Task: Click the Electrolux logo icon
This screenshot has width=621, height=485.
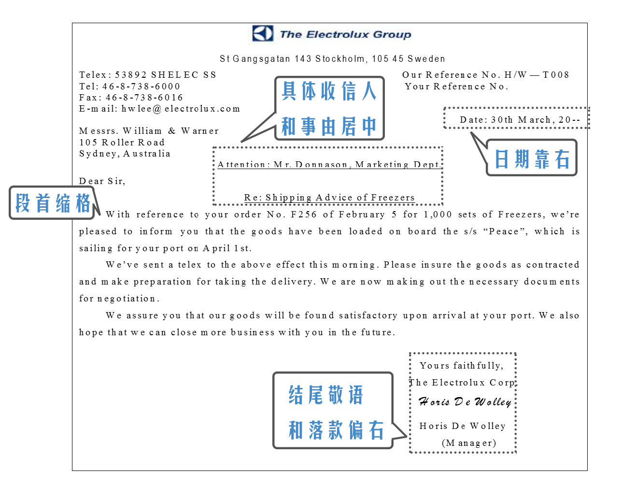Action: [263, 34]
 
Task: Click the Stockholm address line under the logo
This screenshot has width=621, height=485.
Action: [332, 59]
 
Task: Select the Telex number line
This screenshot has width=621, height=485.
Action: [148, 75]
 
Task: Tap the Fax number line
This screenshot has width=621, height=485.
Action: [131, 98]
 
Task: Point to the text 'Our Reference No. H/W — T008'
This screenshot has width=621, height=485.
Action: [485, 75]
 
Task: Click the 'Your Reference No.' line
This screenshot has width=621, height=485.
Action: [456, 86]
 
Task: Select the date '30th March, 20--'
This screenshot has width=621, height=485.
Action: [520, 120]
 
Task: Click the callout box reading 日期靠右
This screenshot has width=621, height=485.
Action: [532, 158]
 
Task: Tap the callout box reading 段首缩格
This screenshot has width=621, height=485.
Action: [52, 203]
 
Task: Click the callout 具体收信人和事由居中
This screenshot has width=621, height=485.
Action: [329, 108]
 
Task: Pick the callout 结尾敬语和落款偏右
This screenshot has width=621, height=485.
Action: [333, 411]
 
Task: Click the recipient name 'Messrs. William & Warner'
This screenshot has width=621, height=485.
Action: [149, 131]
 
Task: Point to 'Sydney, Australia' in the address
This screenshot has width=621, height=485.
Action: [125, 154]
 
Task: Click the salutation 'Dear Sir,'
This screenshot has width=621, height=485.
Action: [102, 181]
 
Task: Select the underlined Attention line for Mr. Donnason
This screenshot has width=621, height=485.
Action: [328, 165]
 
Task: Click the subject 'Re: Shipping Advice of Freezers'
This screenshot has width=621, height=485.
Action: [329, 198]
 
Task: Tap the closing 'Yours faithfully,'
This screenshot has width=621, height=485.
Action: [461, 366]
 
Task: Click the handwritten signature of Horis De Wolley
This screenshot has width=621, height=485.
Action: [465, 402]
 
